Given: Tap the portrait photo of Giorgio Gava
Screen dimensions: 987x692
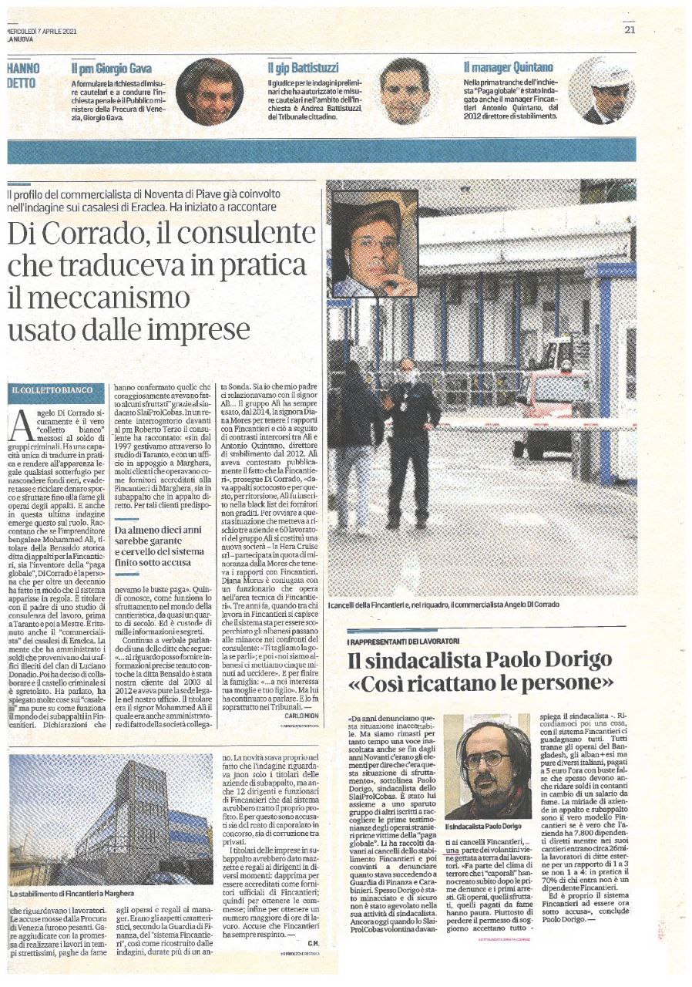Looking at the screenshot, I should pyautogui.click(x=209, y=91).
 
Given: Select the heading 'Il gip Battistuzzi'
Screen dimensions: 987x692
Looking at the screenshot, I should pyautogui.click(x=304, y=68).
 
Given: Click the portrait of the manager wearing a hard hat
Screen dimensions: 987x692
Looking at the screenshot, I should pyautogui.click(x=602, y=91).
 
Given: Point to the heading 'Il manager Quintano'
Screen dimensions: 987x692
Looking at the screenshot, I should pyautogui.click(x=509, y=68).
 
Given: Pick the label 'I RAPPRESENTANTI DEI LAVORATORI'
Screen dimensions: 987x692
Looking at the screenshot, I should pyautogui.click(x=405, y=641).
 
